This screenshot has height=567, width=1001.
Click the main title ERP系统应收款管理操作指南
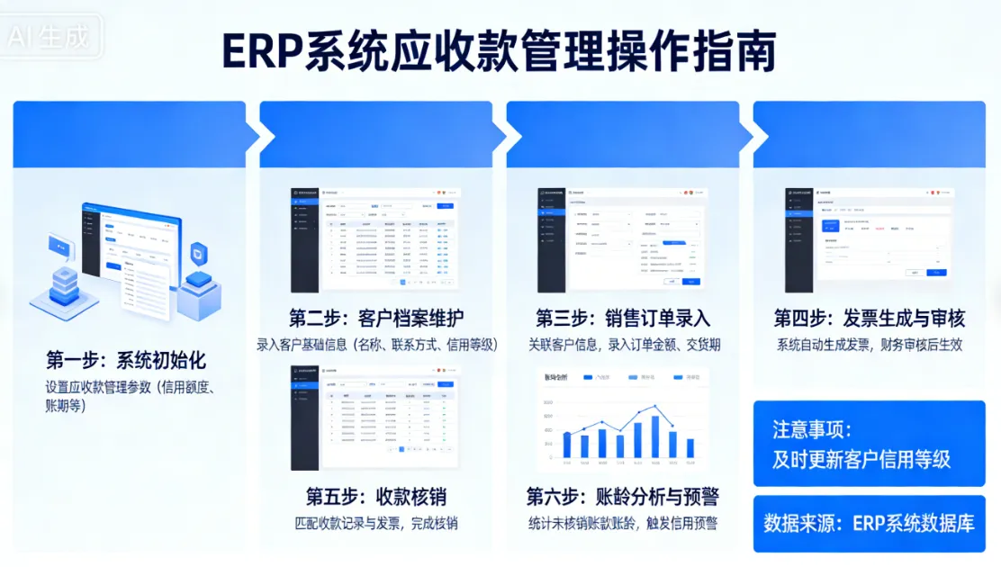coord(499,52)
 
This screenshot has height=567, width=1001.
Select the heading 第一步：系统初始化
coord(126,361)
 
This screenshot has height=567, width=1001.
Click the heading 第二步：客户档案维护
coord(376,318)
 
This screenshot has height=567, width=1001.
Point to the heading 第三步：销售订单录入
coord(623,318)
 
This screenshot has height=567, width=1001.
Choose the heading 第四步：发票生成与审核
coord(869,318)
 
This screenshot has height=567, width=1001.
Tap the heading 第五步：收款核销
coord(376,496)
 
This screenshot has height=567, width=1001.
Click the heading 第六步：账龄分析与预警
coord(623,496)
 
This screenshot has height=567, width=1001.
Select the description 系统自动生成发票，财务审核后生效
coord(869,344)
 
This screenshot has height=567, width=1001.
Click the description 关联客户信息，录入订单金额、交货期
coord(623,344)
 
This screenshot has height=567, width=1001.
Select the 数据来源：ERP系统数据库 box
coord(869,522)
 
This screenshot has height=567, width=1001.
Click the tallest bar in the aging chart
coord(655,436)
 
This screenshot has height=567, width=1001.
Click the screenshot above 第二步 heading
coord(375,239)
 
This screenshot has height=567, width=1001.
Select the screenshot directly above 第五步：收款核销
coord(375,417)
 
